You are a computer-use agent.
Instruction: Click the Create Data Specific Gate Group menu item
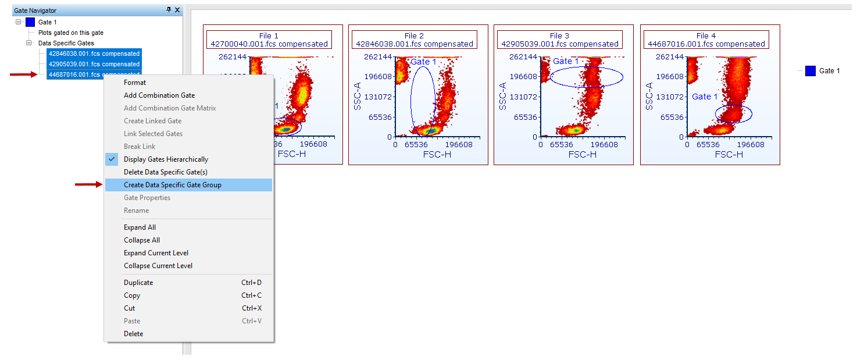[x=172, y=185]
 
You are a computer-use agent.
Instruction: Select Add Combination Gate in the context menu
[x=159, y=95]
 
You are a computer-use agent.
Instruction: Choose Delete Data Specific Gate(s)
[x=165, y=172]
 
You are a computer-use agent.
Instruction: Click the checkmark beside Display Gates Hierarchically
[x=112, y=159]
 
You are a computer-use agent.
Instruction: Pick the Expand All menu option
[x=140, y=227]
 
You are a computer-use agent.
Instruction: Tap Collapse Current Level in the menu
[x=158, y=266]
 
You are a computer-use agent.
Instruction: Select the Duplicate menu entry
[x=138, y=283]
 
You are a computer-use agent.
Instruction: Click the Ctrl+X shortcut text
[x=251, y=308]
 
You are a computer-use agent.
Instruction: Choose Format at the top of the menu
[x=135, y=83]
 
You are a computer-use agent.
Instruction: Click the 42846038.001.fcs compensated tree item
[x=94, y=54]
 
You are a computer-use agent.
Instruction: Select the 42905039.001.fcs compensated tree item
[x=94, y=64]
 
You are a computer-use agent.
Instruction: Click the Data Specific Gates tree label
[x=66, y=43]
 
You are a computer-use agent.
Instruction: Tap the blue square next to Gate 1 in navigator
[x=30, y=22]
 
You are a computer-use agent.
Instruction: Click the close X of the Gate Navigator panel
[x=177, y=10]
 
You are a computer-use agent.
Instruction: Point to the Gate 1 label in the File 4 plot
[x=705, y=97]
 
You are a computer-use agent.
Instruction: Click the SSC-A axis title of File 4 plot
[x=649, y=96]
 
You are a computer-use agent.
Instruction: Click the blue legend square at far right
[x=810, y=71]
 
